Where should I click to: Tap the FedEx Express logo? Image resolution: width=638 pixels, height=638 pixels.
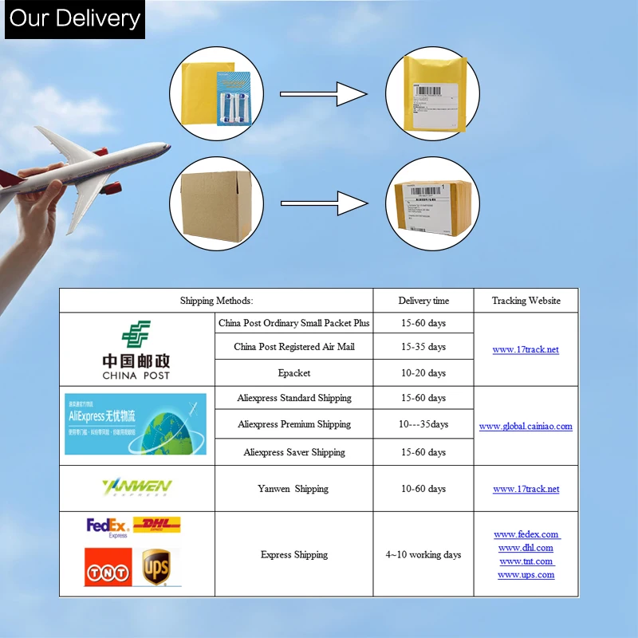click(107, 527)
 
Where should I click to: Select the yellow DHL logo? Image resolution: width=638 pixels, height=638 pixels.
click(156, 525)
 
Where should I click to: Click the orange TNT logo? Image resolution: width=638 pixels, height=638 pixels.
click(108, 567)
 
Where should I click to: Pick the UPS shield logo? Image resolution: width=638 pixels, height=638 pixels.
click(156, 567)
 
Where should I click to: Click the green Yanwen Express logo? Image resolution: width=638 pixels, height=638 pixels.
click(136, 487)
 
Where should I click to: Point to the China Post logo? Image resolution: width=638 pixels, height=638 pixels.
click(136, 349)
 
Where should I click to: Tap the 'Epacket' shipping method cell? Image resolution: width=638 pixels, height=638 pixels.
click(294, 372)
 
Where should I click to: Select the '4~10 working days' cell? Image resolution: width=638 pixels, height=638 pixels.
click(423, 554)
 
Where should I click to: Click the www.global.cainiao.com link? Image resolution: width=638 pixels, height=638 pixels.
click(526, 426)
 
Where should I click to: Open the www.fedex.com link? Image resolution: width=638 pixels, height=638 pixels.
click(526, 534)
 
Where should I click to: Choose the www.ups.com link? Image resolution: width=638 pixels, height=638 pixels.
click(526, 574)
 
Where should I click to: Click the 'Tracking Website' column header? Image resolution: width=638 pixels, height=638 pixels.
click(526, 301)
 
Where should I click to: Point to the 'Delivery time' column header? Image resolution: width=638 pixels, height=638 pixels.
click(423, 301)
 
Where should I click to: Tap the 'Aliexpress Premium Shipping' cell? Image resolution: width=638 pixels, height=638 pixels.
click(294, 424)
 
